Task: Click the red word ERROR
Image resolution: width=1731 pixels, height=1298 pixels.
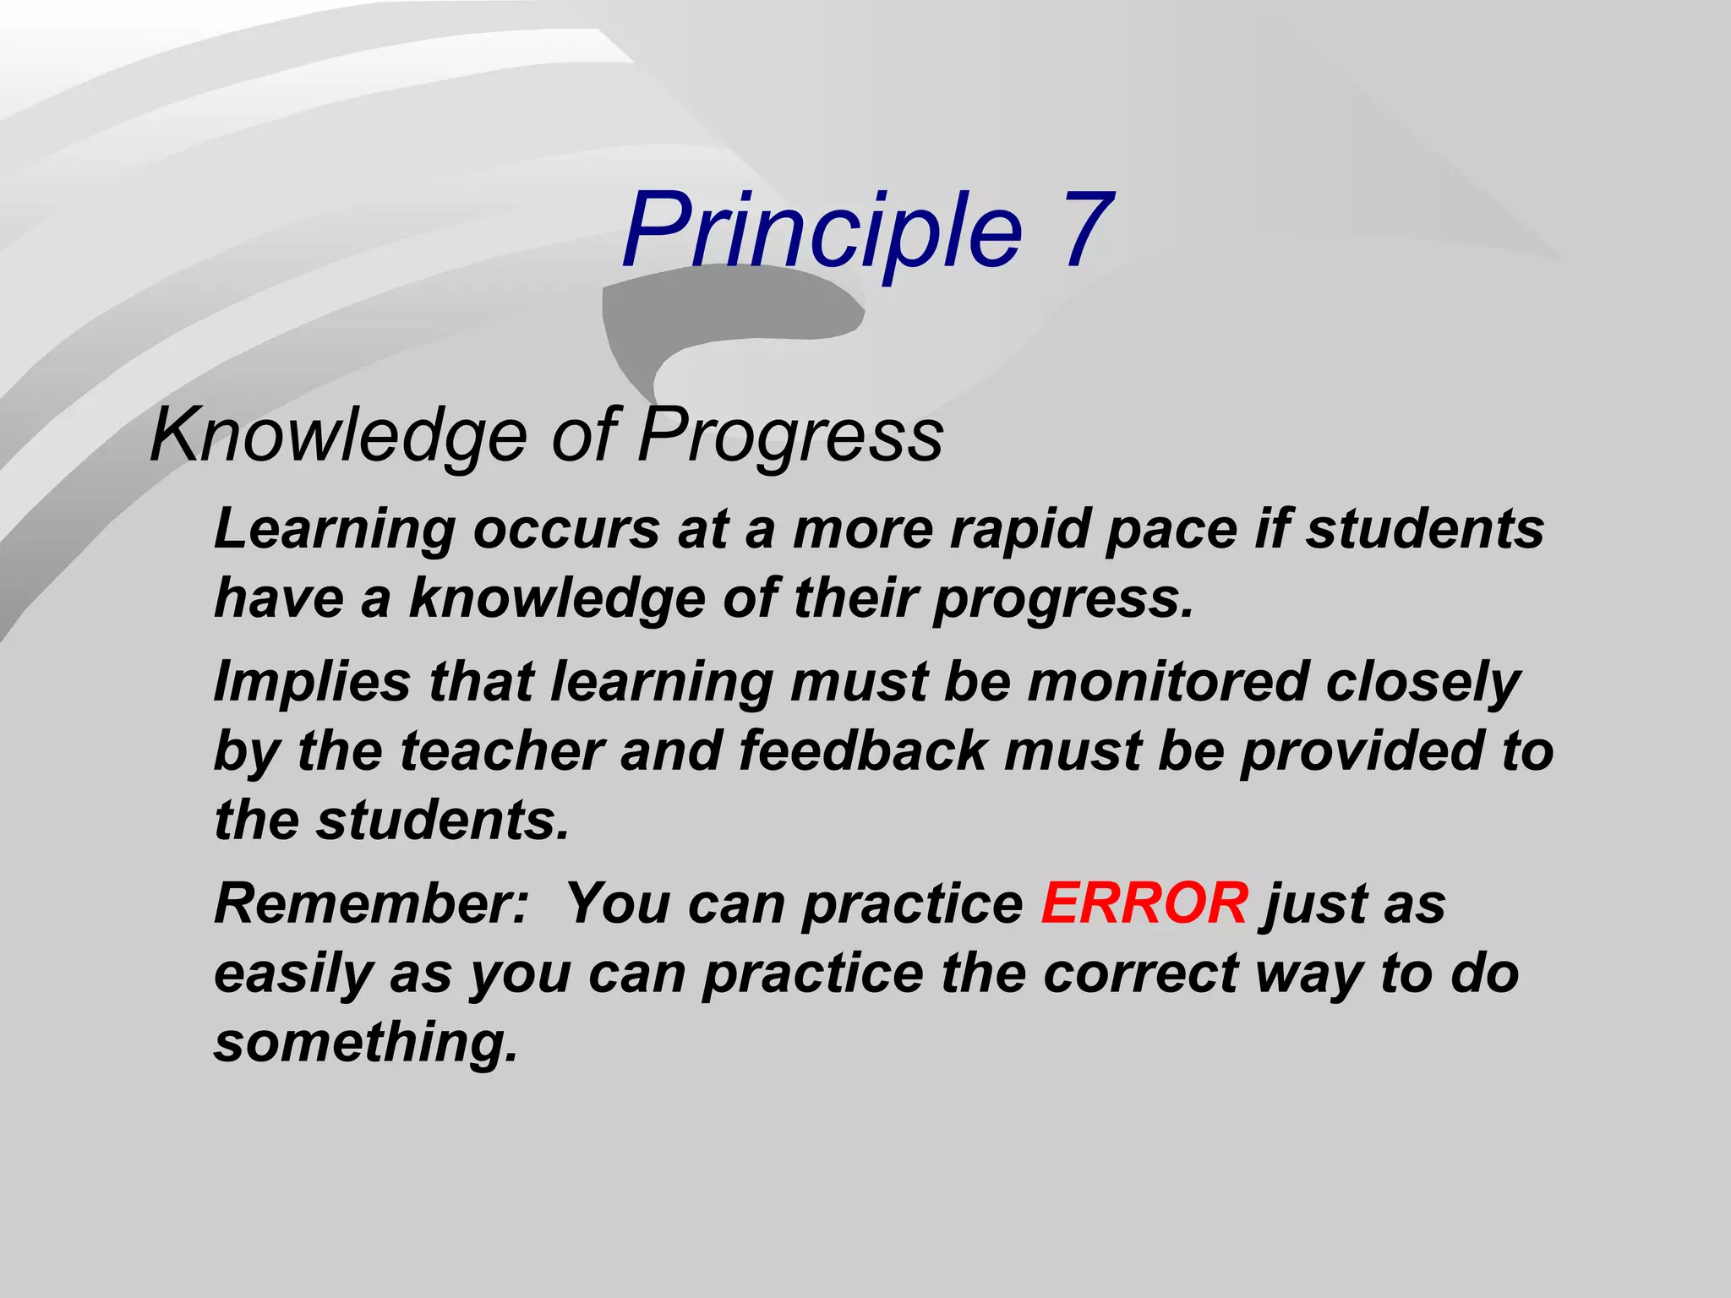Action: click(x=1144, y=903)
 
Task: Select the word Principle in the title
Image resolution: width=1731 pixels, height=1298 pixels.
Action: click(x=822, y=230)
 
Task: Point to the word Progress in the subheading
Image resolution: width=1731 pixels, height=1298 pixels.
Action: click(x=789, y=434)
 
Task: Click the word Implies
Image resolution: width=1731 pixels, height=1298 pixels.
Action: click(x=312, y=682)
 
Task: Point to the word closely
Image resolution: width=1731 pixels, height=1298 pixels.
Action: click(x=1422, y=682)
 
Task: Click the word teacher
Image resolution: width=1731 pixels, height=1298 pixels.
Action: click(x=502, y=751)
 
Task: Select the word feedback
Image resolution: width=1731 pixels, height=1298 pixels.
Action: click(x=863, y=751)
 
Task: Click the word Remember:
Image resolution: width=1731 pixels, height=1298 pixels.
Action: click(x=372, y=903)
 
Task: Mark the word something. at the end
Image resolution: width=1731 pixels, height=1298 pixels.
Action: click(x=365, y=1042)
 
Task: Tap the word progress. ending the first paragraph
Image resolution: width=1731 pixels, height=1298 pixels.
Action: click(x=1063, y=599)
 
